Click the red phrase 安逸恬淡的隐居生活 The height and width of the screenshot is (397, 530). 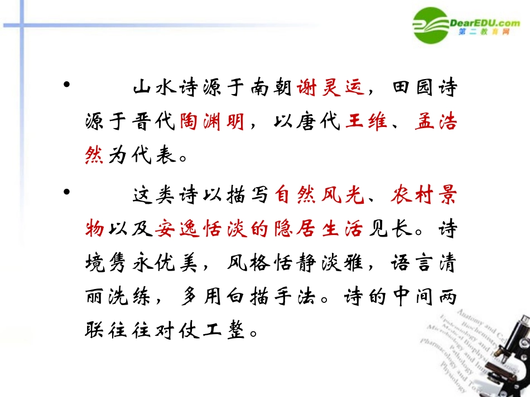tap(259, 228)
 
